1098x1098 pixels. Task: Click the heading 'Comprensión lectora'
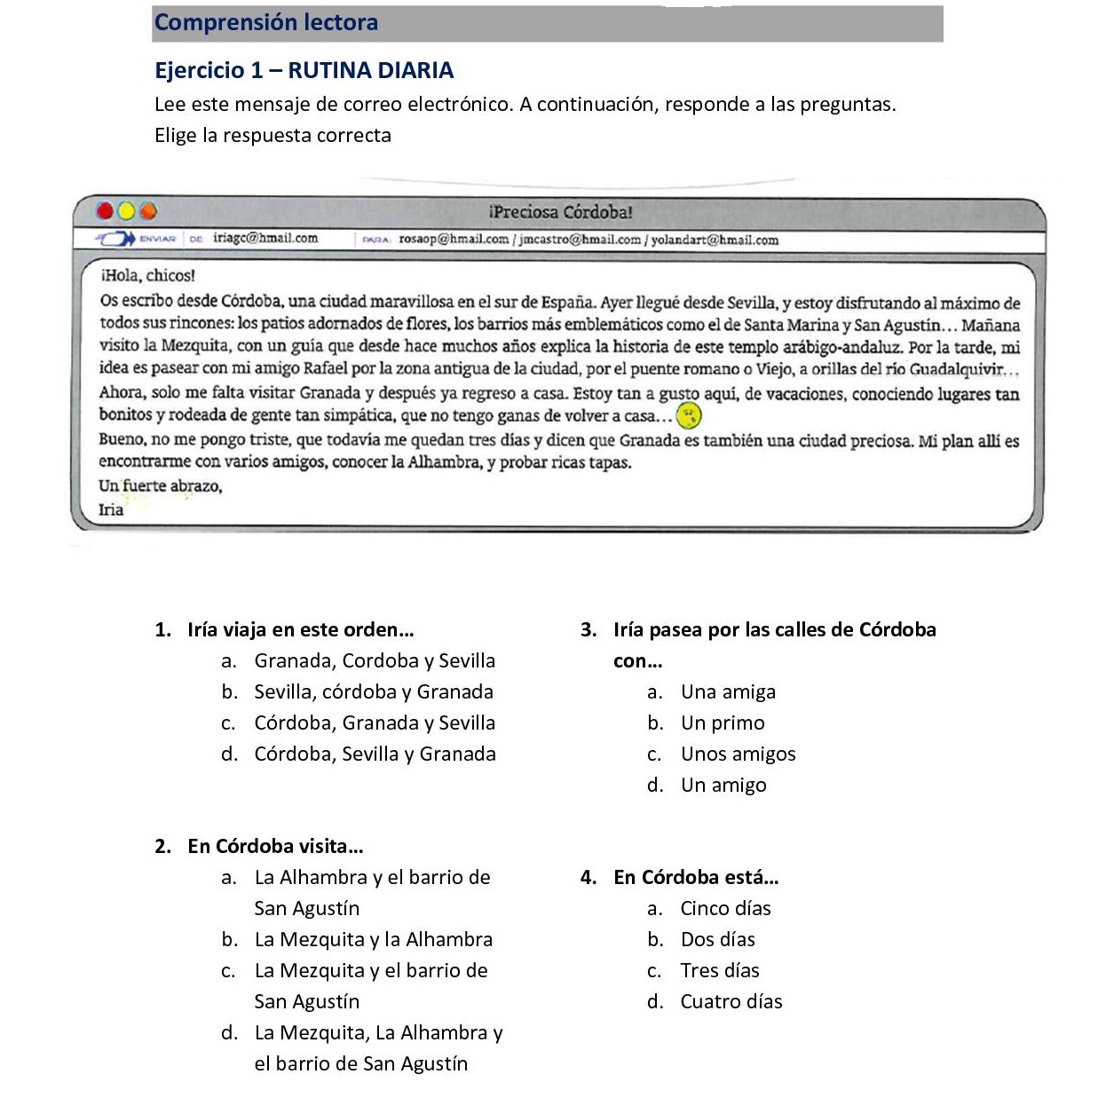[266, 22]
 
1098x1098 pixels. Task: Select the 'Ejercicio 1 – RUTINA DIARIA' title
[304, 70]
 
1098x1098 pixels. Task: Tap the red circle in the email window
[106, 211]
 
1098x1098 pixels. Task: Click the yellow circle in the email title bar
[126, 211]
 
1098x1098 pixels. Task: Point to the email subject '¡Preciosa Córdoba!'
[560, 212]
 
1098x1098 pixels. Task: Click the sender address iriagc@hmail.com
[265, 238]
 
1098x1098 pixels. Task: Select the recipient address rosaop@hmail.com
[454, 239]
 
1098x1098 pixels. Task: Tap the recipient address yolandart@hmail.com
[715, 240]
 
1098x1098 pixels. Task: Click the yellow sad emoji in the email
[689, 415]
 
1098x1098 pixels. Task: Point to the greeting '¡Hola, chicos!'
[147, 276]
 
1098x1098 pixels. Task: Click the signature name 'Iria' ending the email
[111, 510]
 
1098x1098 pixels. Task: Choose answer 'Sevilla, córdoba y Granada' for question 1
[373, 691]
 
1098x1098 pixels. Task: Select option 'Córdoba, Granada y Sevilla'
[374, 723]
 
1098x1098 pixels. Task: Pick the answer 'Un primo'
[722, 723]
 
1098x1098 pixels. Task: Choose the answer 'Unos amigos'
[738, 754]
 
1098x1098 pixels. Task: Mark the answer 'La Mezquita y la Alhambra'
[373, 939]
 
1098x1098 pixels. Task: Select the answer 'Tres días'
[719, 970]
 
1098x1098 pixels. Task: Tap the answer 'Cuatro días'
[731, 1001]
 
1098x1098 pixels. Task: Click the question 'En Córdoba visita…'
[275, 846]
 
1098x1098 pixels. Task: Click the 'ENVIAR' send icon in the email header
[138, 239]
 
